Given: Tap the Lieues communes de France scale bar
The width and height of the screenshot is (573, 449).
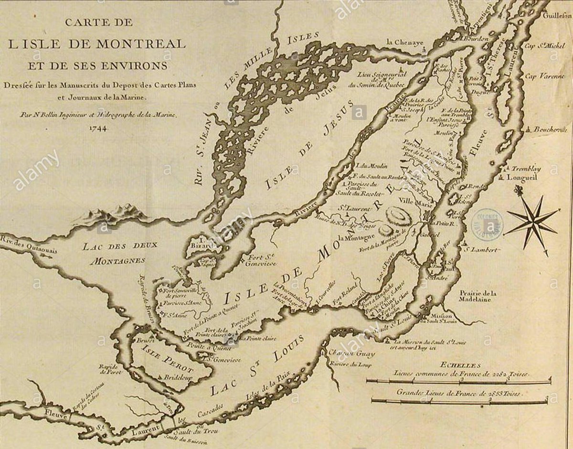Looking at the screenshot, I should pos(458,381).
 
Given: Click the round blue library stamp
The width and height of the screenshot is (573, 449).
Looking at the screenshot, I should pos(487,221).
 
